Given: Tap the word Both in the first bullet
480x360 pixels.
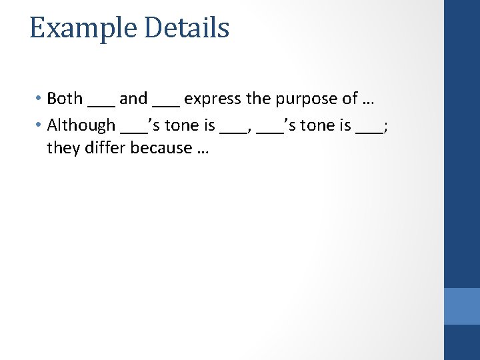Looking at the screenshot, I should coord(65,99).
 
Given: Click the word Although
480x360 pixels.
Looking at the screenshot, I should coord(81,125).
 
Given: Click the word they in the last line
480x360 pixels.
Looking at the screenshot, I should coord(63,148).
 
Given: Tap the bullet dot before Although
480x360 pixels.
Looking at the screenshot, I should coord(39,125).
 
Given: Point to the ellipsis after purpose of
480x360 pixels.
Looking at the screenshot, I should coord(367,100).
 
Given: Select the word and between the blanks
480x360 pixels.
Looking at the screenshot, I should coord(133,99).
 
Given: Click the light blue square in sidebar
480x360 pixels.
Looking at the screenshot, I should coord(461,306).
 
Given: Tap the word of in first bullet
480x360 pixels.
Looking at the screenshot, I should coord(350,99).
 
